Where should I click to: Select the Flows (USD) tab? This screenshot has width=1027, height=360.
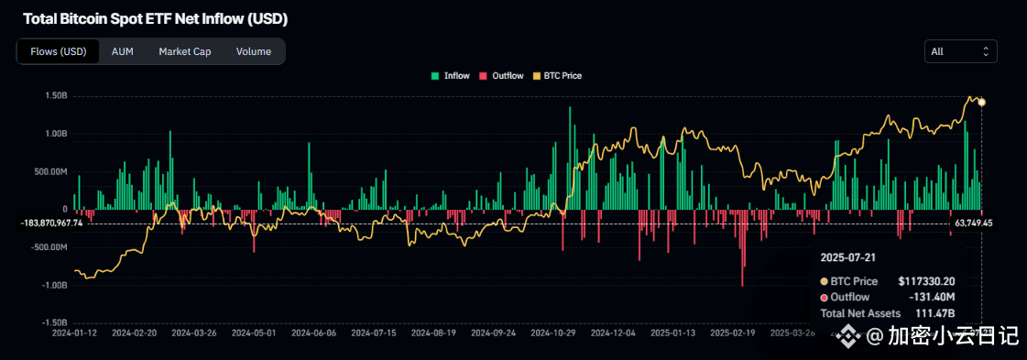coord(59,51)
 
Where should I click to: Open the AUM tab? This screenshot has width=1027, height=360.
coord(122,51)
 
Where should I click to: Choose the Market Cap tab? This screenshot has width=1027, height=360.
coord(184,51)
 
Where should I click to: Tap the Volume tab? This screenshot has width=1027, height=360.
coord(253,51)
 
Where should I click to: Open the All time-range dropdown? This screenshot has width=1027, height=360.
coord(960,51)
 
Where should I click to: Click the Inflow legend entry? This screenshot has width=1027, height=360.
coord(451,76)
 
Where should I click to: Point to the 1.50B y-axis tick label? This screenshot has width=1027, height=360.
coord(55,96)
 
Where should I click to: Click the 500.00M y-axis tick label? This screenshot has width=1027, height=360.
coord(51,171)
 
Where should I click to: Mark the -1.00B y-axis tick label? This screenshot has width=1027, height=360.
coord(54,285)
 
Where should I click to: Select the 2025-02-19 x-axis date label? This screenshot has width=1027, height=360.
coord(732,334)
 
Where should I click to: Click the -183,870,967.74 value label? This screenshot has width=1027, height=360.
coord(51,223)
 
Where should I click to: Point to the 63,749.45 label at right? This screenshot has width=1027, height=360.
coord(973,223)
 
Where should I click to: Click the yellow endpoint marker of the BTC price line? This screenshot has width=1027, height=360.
coord(981,102)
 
